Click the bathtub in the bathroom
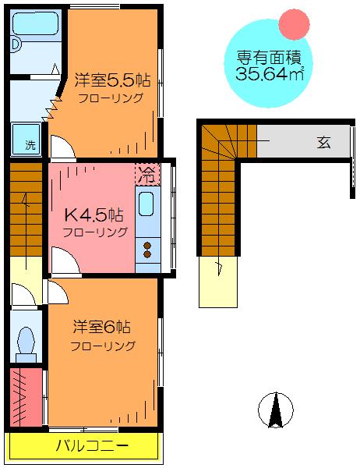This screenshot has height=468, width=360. (35, 23)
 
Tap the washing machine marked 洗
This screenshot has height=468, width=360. (26, 139)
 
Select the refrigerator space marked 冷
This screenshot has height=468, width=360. (147, 174)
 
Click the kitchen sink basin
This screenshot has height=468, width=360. (146, 204)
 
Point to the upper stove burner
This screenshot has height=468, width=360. (147, 246)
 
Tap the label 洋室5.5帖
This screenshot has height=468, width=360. (112, 80)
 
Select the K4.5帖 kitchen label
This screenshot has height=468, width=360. (94, 215)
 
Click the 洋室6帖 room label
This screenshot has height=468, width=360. (102, 327)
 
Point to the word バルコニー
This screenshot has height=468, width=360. (92, 446)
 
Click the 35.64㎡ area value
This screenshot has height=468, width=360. (270, 74)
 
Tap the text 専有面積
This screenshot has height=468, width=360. (269, 58)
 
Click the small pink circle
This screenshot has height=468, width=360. (294, 24)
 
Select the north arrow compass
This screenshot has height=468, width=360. (276, 410)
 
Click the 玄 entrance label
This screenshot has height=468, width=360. (323, 143)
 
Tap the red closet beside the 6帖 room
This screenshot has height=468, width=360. (26, 397)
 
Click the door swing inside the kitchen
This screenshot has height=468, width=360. (65, 260)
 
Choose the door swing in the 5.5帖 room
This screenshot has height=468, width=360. (63, 147)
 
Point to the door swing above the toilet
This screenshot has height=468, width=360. (24, 294)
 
